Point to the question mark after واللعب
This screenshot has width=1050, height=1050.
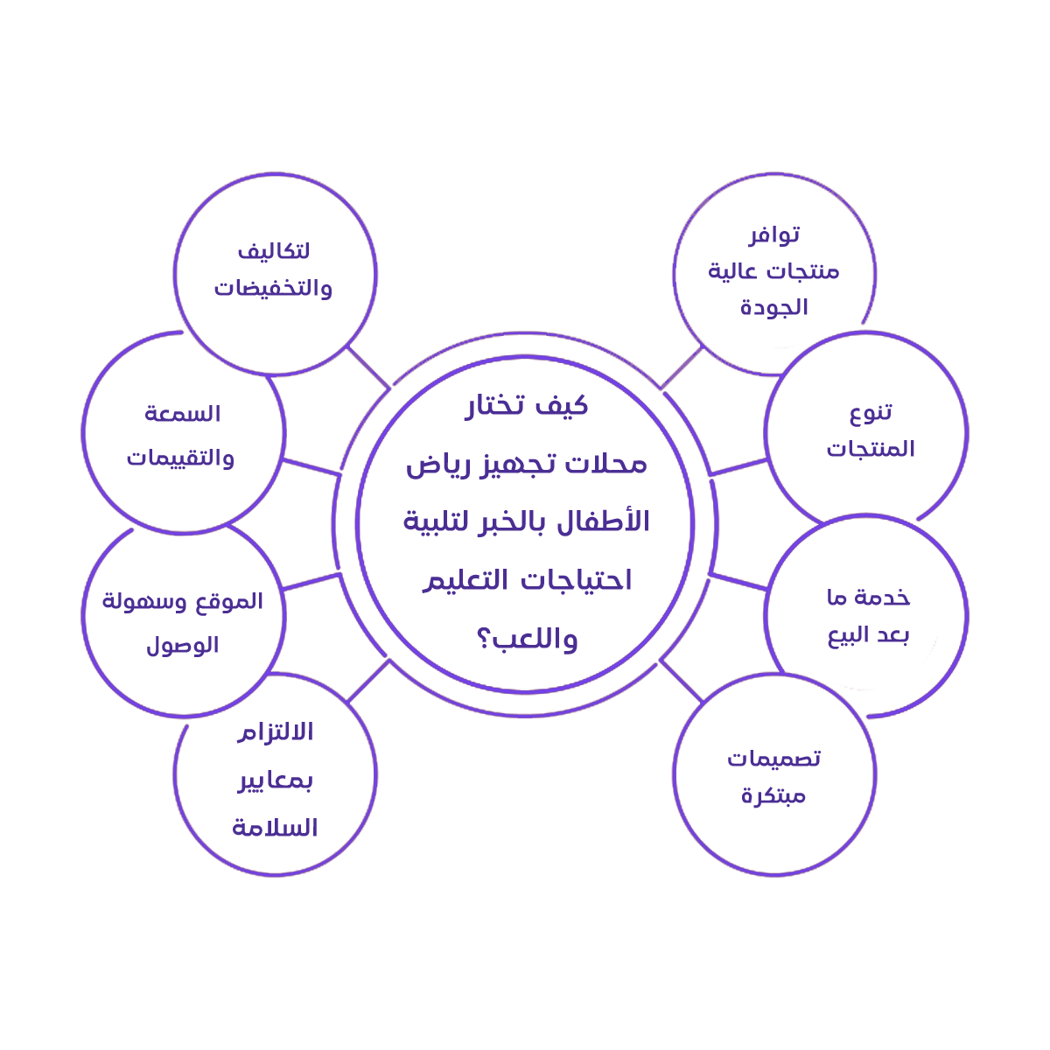pyautogui.click(x=485, y=640)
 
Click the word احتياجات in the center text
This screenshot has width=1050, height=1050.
pyautogui.click(x=583, y=580)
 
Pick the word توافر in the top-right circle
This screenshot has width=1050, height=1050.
pyautogui.click(x=774, y=234)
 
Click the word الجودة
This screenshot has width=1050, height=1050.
pyautogui.click(x=774, y=308)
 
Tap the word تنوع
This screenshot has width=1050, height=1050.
pyautogui.click(x=871, y=412)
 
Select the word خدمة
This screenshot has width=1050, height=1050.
pyautogui.click(x=882, y=598)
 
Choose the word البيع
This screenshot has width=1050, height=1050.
pyautogui.click(x=848, y=635)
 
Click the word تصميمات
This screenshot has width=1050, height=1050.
pyautogui.click(x=774, y=759)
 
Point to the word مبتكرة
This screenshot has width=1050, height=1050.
pyautogui.click(x=773, y=795)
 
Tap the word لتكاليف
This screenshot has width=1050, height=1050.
pyautogui.click(x=274, y=252)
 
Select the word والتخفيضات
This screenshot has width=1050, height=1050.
pyautogui.click(x=274, y=289)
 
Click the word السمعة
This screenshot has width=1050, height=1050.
pyautogui.click(x=183, y=414)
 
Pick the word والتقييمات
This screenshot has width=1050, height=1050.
pyautogui.click(x=181, y=458)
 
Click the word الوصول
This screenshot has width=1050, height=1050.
pyautogui.click(x=182, y=646)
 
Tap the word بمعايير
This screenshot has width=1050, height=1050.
pyautogui.click(x=276, y=780)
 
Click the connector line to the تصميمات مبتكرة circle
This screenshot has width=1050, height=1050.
pyautogui.click(x=682, y=681)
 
